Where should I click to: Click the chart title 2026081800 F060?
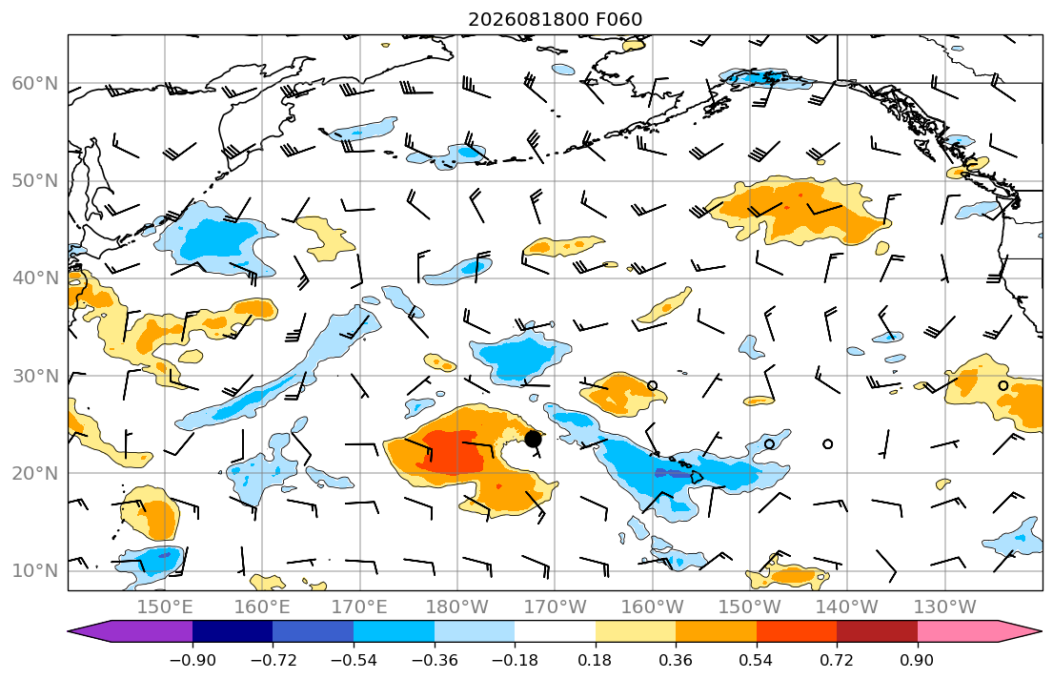[x=555, y=19]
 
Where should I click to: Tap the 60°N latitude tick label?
[x=35, y=83]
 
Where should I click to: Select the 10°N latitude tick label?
[x=35, y=571]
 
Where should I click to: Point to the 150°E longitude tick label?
[x=165, y=607]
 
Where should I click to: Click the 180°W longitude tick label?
[x=457, y=607]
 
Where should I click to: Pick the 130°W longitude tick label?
[x=945, y=607]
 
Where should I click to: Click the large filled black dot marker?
[x=533, y=439]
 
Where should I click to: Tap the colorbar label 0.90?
[x=917, y=660]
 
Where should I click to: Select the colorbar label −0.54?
[x=354, y=660]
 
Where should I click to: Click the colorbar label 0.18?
[x=595, y=660]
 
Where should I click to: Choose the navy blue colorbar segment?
[x=233, y=631]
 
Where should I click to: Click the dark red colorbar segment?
[x=877, y=631]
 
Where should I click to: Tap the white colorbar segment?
[x=555, y=631]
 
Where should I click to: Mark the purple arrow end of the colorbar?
[x=70, y=631]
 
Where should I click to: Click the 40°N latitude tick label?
[x=35, y=278]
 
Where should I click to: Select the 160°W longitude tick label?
[x=652, y=607]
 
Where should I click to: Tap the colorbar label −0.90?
[x=192, y=660]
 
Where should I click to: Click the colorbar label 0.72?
[x=836, y=660]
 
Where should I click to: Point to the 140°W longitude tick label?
[x=847, y=607]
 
